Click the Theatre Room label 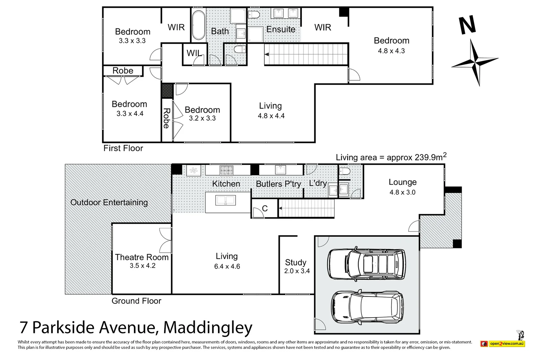[142, 257]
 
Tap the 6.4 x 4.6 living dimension [227, 267]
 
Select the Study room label [296, 262]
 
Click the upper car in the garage [367, 265]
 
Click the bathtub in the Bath [198, 25]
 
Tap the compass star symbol [475, 62]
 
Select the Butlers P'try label [278, 184]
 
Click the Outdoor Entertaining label [109, 202]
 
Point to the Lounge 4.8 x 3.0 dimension [402, 192]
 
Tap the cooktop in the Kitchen [226, 170]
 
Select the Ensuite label [281, 29]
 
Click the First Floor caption [123, 148]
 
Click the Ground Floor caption [136, 301]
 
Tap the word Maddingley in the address [208, 327]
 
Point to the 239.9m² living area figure [429, 157]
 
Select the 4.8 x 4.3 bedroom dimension [391, 51]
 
